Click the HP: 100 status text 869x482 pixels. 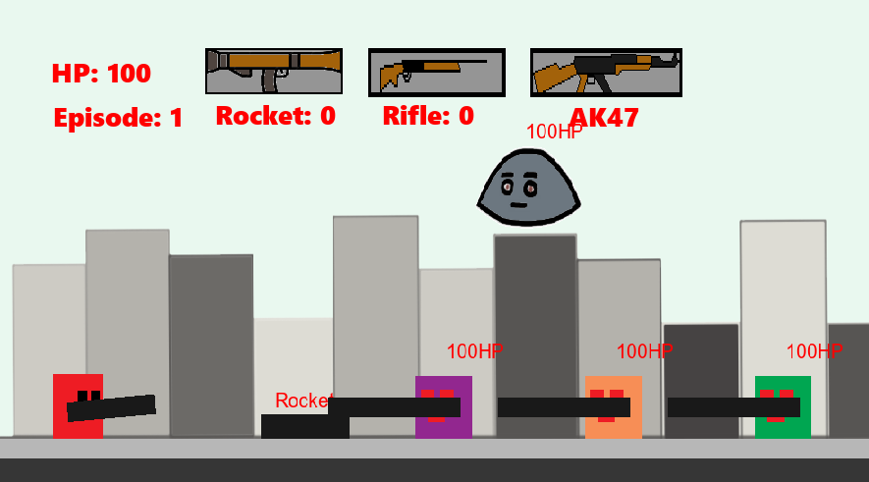(101, 74)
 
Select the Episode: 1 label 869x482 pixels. (118, 119)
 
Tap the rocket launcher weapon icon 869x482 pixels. (274, 71)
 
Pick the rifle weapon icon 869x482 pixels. (436, 73)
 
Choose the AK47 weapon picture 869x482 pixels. (606, 73)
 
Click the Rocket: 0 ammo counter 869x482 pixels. (275, 116)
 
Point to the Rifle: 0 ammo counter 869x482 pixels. (428, 116)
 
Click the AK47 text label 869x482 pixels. (604, 118)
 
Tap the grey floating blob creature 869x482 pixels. (529, 187)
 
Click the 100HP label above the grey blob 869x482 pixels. (554, 132)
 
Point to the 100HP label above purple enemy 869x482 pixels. (474, 351)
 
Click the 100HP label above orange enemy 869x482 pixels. (644, 351)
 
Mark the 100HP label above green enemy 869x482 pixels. (814, 351)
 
